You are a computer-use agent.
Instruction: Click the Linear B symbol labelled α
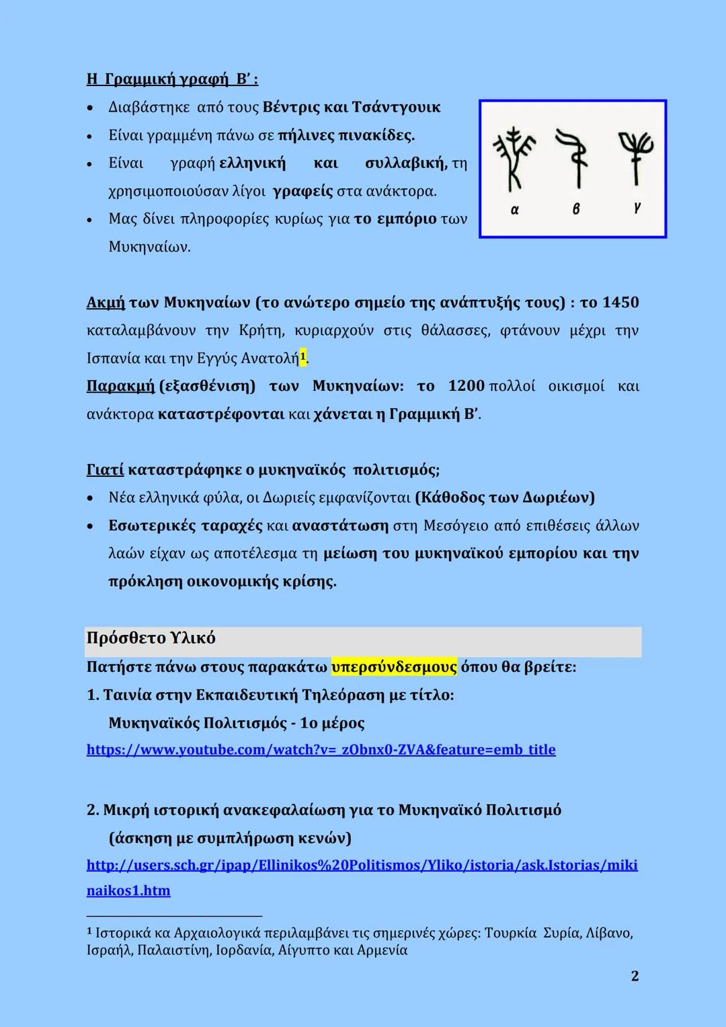coord(514,159)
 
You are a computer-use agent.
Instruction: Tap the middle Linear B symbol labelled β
coord(575,159)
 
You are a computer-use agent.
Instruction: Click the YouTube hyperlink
coord(321,749)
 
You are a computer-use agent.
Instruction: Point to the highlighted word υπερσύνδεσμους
coord(394,667)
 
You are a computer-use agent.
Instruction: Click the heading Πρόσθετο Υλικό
coord(151,638)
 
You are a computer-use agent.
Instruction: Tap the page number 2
coord(635,976)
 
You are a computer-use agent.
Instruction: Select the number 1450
coord(620,303)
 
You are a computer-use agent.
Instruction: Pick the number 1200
coord(466,386)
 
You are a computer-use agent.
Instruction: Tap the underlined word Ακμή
coord(106,303)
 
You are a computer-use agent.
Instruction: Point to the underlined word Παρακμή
coord(120,386)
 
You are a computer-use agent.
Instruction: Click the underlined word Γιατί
coord(105,469)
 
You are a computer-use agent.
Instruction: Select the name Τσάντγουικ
coord(396,108)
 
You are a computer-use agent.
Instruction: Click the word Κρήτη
coord(256,330)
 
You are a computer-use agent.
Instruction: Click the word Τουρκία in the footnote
coord(510,933)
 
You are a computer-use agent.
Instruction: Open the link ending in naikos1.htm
coord(128,890)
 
